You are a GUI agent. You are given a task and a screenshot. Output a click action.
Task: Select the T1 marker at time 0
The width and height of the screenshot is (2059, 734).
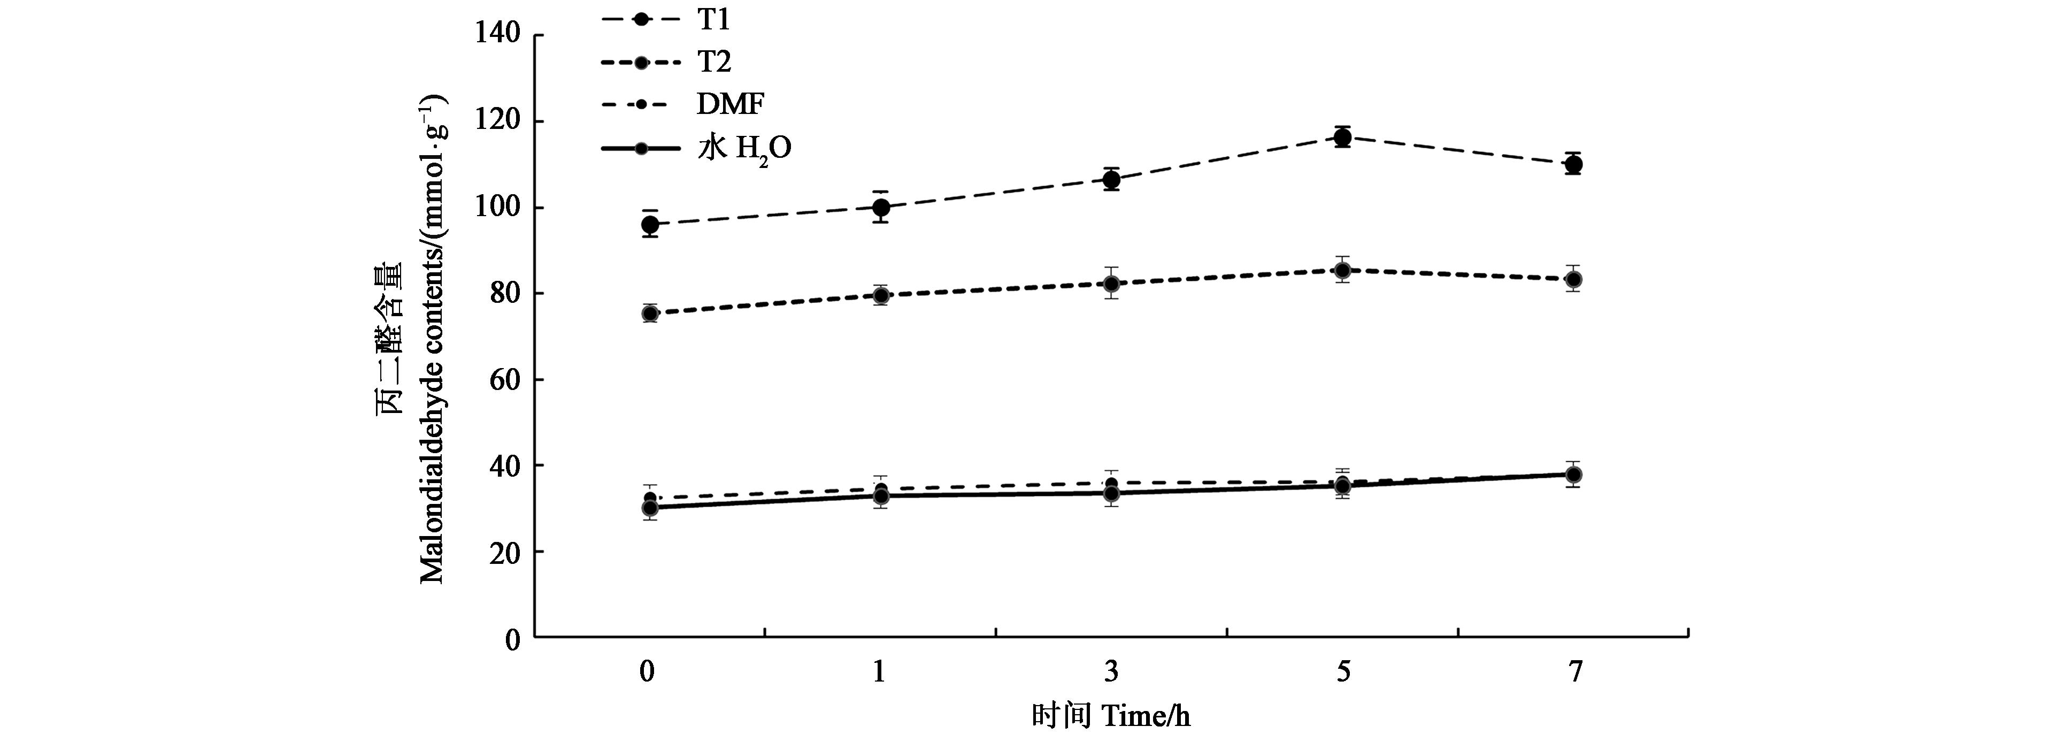tap(650, 225)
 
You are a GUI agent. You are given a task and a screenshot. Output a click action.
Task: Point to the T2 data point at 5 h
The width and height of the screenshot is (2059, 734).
tap(1343, 270)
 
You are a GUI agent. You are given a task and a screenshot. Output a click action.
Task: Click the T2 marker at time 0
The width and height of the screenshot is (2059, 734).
tap(650, 314)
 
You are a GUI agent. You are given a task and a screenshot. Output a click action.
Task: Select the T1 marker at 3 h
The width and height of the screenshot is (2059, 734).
tap(1111, 180)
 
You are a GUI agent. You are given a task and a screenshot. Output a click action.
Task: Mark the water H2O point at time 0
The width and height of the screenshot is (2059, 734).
tap(650, 508)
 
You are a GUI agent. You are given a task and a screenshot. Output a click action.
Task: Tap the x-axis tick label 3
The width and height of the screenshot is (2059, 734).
tap(1111, 671)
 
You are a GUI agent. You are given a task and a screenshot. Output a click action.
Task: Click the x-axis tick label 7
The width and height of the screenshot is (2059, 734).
tap(1574, 671)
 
